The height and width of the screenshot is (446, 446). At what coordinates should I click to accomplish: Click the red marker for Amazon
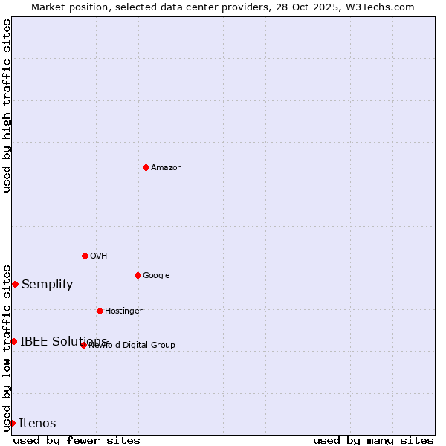(x=146, y=167)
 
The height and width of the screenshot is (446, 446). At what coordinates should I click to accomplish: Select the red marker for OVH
(x=85, y=256)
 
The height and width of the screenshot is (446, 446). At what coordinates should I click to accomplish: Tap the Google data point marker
(x=138, y=275)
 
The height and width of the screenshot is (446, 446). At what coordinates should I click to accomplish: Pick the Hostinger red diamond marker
(x=100, y=311)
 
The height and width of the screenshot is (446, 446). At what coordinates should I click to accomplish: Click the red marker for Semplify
(x=15, y=284)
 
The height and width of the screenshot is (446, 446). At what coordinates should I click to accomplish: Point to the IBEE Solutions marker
(x=13, y=341)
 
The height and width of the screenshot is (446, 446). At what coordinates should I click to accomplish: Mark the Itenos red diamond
(x=12, y=423)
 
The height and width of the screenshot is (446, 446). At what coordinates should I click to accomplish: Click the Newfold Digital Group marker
(x=83, y=345)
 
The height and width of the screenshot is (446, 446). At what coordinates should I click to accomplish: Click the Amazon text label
(x=167, y=168)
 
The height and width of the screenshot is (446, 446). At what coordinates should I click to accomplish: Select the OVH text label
(x=99, y=256)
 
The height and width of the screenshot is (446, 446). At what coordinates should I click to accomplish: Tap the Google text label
(x=156, y=276)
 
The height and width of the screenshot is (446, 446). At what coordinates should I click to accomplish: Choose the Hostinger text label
(x=123, y=311)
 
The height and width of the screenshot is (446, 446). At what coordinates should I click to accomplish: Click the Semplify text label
(x=47, y=284)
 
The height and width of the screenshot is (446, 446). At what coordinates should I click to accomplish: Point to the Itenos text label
(x=37, y=424)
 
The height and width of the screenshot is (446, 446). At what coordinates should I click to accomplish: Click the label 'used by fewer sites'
(x=77, y=440)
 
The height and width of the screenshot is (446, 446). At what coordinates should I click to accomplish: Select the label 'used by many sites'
(x=373, y=440)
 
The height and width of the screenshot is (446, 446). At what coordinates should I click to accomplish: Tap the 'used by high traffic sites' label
(x=7, y=106)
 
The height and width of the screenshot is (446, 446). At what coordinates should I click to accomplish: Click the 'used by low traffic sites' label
(x=7, y=348)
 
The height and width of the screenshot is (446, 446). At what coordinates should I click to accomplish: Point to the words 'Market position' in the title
(x=62, y=7)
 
